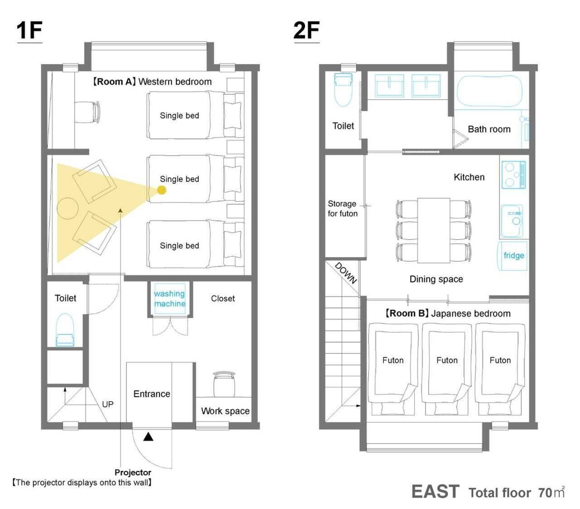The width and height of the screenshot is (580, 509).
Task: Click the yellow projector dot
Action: point(161,190)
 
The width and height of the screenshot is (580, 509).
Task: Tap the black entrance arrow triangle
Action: point(148,437)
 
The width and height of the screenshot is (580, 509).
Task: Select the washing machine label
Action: point(169,299)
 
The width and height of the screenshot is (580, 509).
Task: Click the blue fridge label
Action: point(514,255)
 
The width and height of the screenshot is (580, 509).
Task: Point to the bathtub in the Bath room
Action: point(489,91)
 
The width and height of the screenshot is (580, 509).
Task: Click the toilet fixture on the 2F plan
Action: point(343,90)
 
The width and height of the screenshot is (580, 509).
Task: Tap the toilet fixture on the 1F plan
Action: point(65,330)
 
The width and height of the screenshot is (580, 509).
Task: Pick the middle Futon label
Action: point(447,361)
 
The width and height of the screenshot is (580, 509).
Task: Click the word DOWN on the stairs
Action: point(346,273)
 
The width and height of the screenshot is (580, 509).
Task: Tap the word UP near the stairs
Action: point(108,404)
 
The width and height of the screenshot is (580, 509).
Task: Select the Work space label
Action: point(225,411)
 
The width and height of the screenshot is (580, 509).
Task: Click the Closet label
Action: point(223,298)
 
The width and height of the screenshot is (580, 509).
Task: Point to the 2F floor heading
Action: point(306,30)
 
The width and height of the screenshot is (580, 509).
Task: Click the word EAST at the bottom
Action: point(435,491)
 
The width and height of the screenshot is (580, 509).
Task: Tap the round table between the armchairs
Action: point(68,208)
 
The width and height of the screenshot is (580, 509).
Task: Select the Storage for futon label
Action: point(343,209)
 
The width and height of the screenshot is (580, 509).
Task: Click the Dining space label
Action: point(436,279)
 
